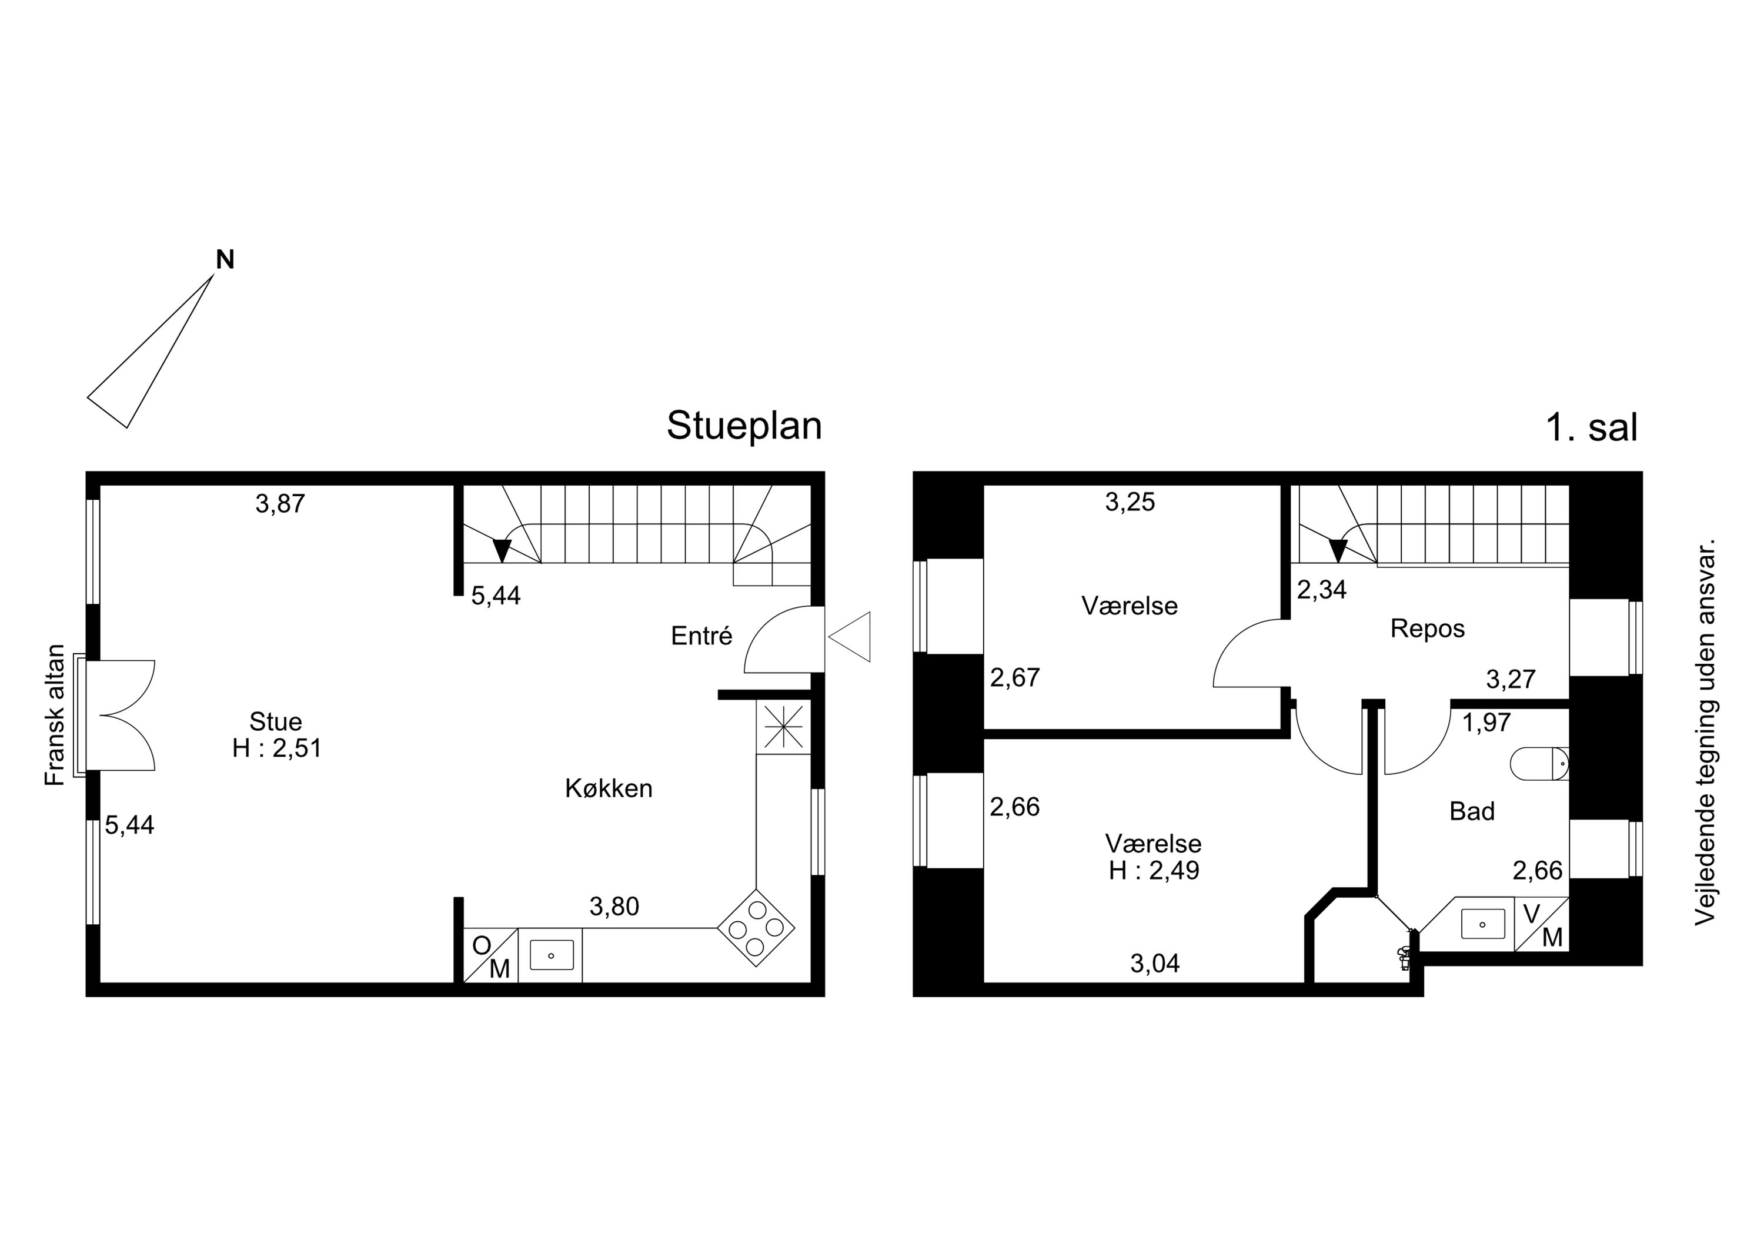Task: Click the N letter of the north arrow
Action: (x=225, y=260)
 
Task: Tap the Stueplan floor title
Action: (x=744, y=426)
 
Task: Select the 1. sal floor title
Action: (x=1591, y=427)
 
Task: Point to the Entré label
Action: (x=701, y=636)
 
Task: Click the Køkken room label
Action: (x=609, y=788)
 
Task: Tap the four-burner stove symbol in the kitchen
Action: (x=756, y=928)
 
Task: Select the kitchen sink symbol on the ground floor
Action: (x=551, y=955)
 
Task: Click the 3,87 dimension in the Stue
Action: (x=280, y=504)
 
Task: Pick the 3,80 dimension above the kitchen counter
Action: (x=614, y=907)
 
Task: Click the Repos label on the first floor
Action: (x=1428, y=629)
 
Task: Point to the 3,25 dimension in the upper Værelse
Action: (x=1130, y=503)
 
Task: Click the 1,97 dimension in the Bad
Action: (x=1486, y=723)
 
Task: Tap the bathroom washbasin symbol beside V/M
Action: (x=1482, y=924)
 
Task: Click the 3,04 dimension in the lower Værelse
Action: (x=1155, y=964)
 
